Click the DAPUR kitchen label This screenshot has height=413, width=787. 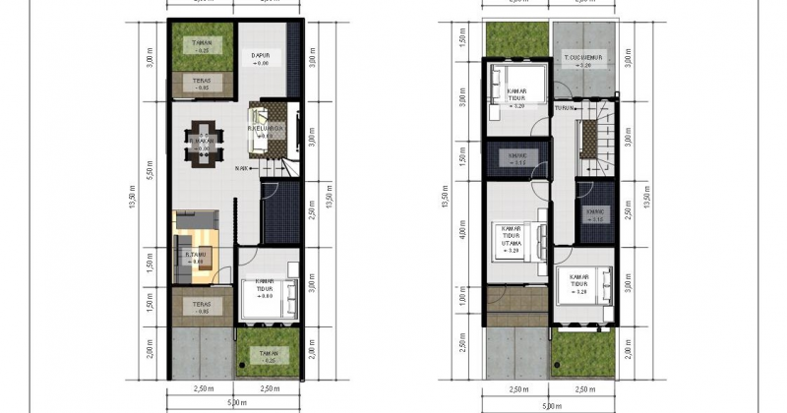(x=261, y=55)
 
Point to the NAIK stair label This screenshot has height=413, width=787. (x=241, y=168)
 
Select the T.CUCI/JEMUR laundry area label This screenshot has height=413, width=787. (x=583, y=61)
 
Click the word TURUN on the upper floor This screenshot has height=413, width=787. (x=564, y=107)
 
